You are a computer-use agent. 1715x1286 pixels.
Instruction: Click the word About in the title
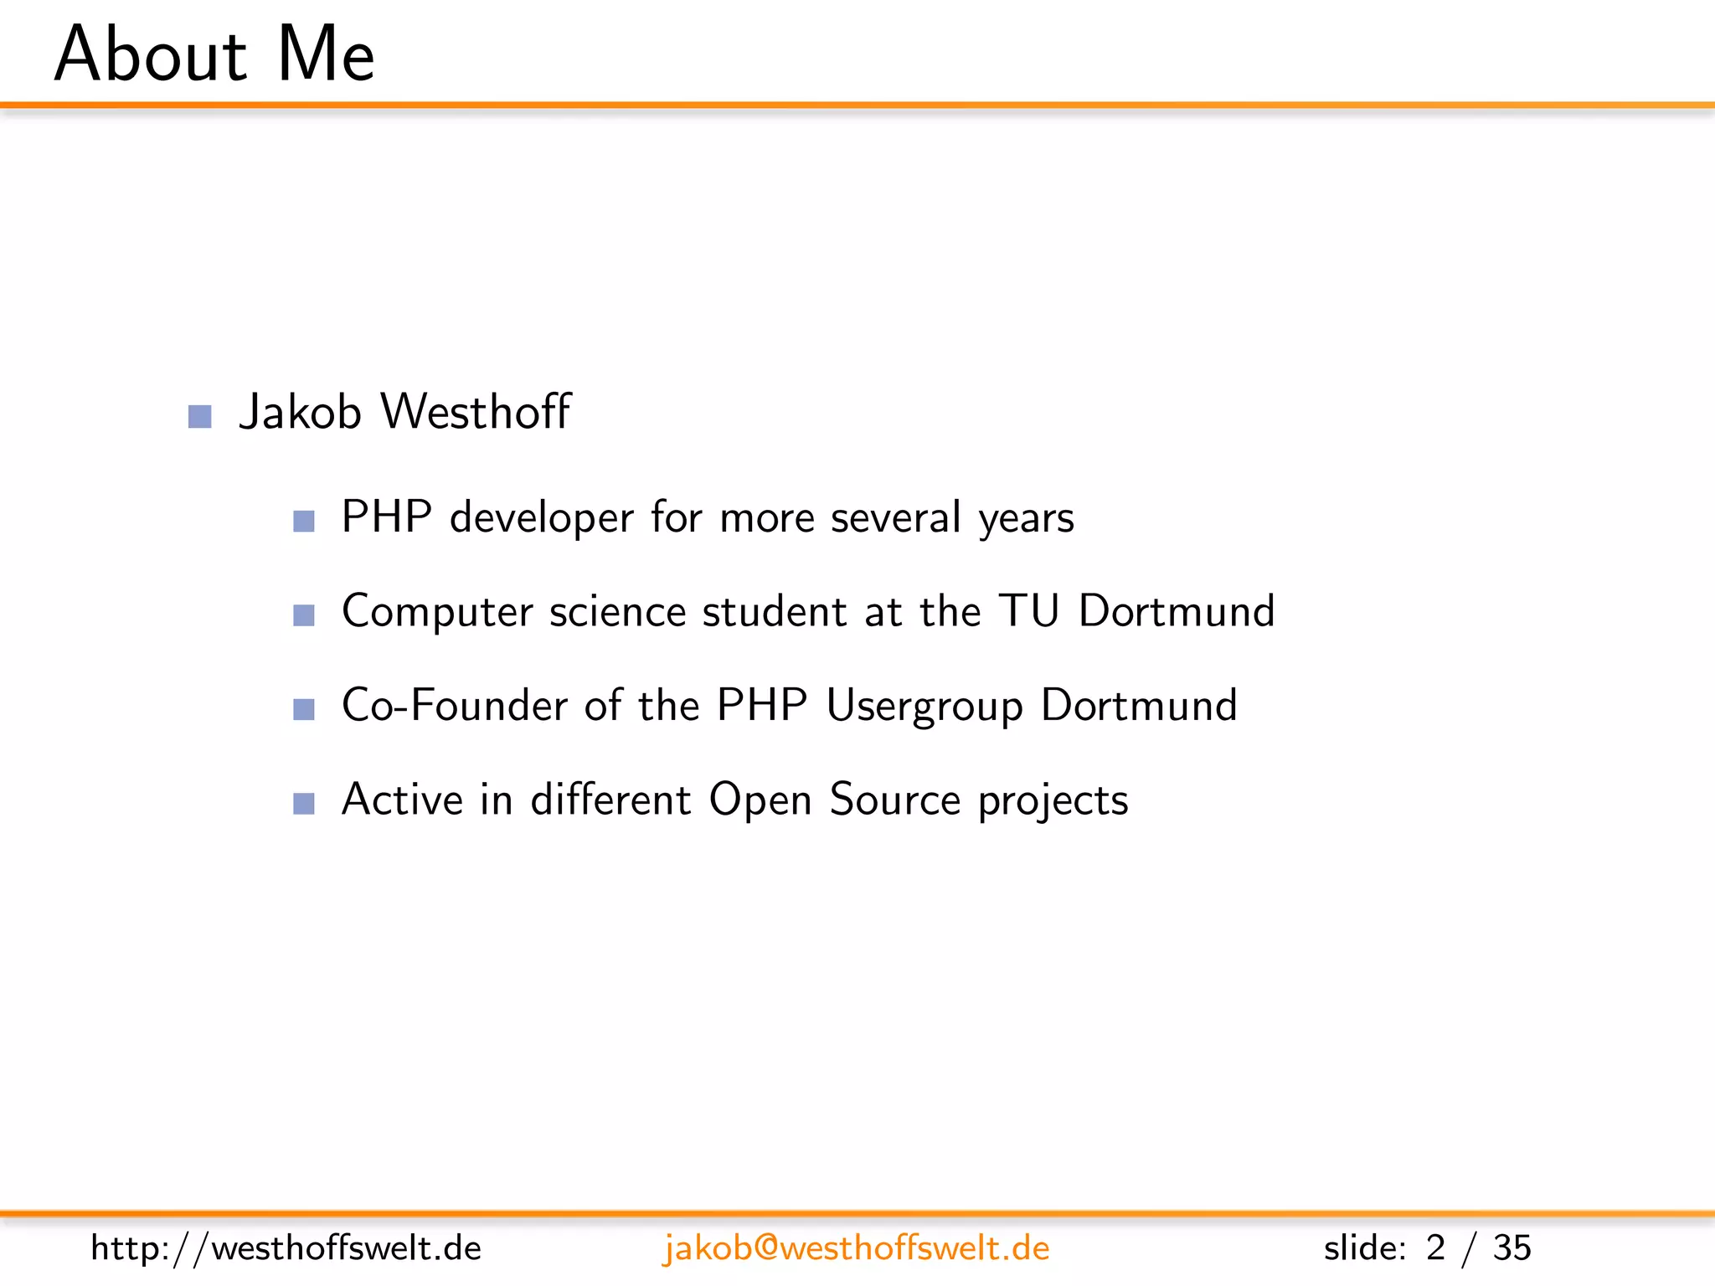pos(151,55)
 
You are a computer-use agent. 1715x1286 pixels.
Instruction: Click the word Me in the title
pos(326,55)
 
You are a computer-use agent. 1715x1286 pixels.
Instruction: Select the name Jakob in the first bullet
pos(300,412)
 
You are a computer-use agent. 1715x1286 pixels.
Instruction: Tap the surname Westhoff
pos(476,412)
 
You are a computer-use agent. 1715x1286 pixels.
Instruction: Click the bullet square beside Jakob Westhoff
pos(200,416)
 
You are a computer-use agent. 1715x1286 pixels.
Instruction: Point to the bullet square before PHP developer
pos(304,522)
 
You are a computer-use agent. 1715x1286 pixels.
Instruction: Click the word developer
pos(541,518)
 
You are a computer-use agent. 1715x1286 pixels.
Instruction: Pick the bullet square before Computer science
pos(304,615)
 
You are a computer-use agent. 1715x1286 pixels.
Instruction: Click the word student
pos(775,611)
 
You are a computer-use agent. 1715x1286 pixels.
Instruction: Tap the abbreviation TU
pos(1029,610)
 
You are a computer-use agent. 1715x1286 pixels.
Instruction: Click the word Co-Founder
pos(456,705)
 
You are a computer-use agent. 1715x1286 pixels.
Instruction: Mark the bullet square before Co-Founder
pos(304,710)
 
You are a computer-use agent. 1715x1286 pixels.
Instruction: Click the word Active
pos(403,799)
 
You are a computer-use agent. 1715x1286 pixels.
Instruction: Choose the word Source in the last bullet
pos(894,799)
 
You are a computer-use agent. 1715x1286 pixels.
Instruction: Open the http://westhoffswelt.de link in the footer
pos(286,1248)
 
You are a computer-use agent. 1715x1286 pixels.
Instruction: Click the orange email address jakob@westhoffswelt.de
pos(856,1248)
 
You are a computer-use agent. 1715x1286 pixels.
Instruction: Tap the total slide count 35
pos(1512,1248)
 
